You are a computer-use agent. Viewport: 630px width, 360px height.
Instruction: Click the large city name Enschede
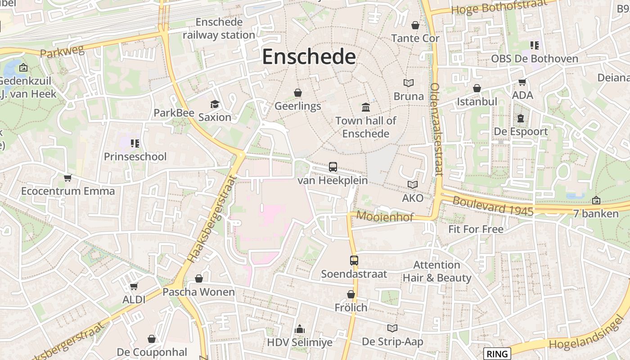309,57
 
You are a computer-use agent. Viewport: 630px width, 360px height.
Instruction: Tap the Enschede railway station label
219,28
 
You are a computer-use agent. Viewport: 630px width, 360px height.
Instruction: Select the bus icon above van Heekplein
333,167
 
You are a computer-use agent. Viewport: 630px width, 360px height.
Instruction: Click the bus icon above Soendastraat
354,260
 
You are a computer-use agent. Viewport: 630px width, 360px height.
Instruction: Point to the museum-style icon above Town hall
366,107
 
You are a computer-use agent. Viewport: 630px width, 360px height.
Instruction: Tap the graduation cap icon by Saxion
215,104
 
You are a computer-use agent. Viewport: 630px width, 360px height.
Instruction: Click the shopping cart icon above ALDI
134,286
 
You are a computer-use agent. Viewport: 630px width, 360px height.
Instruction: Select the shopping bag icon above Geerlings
298,93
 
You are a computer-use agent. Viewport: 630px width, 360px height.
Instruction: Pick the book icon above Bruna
409,83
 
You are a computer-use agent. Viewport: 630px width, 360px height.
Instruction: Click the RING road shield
497,354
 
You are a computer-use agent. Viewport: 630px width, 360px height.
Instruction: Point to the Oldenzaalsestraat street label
436,129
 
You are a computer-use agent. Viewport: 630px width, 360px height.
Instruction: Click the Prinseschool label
135,157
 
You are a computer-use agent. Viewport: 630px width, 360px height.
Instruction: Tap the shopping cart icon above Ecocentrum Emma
68,178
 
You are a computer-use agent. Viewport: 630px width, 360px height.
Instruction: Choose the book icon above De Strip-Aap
393,328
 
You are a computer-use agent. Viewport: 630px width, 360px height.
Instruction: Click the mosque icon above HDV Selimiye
300,329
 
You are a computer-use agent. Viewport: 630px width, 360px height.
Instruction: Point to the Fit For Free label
476,229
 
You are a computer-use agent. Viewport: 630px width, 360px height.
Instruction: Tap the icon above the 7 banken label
596,200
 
